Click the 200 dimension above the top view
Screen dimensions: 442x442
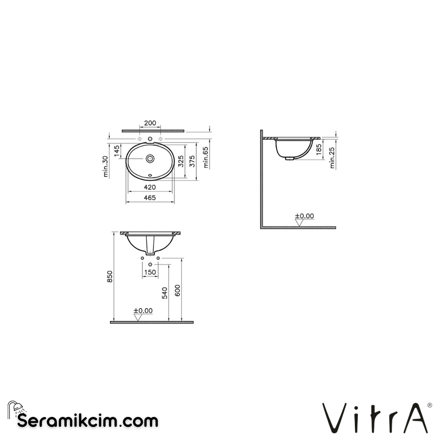click(x=150, y=123)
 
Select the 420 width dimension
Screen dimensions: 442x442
click(x=150, y=187)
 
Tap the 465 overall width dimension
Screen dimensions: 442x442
click(x=150, y=198)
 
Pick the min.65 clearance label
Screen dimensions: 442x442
click(x=206, y=158)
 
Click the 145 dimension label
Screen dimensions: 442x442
click(x=117, y=151)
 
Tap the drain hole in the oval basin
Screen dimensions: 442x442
click(x=150, y=158)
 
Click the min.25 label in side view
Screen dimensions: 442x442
click(x=332, y=158)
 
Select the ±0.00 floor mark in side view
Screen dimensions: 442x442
click(x=304, y=216)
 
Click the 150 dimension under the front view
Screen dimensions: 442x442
click(x=150, y=272)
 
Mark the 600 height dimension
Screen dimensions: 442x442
click(x=178, y=290)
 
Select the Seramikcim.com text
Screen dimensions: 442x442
click(x=88, y=420)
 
